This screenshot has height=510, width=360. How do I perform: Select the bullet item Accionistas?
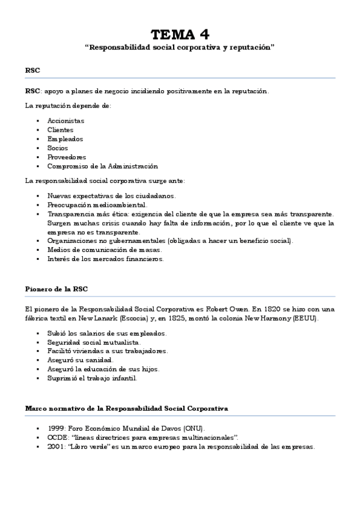point(66,120)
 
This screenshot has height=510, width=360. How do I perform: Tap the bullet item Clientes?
point(60,129)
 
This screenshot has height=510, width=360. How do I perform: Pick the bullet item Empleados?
point(65,138)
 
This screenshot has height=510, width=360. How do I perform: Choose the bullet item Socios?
point(58,147)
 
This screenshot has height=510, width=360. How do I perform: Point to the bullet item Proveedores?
point(66,156)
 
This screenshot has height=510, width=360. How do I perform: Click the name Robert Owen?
point(241,309)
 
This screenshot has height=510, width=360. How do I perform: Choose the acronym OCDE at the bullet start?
point(57,437)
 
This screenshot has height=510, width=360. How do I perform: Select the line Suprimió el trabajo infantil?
point(93,378)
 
